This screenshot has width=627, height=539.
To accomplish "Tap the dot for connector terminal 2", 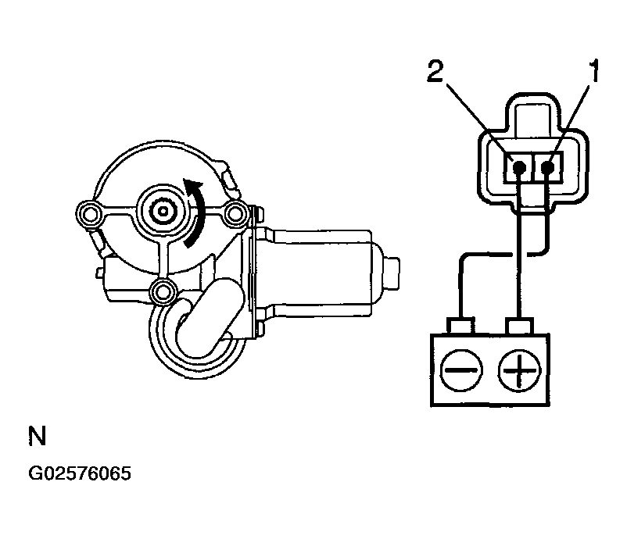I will [518, 166].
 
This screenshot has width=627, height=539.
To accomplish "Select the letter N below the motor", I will [36, 437].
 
